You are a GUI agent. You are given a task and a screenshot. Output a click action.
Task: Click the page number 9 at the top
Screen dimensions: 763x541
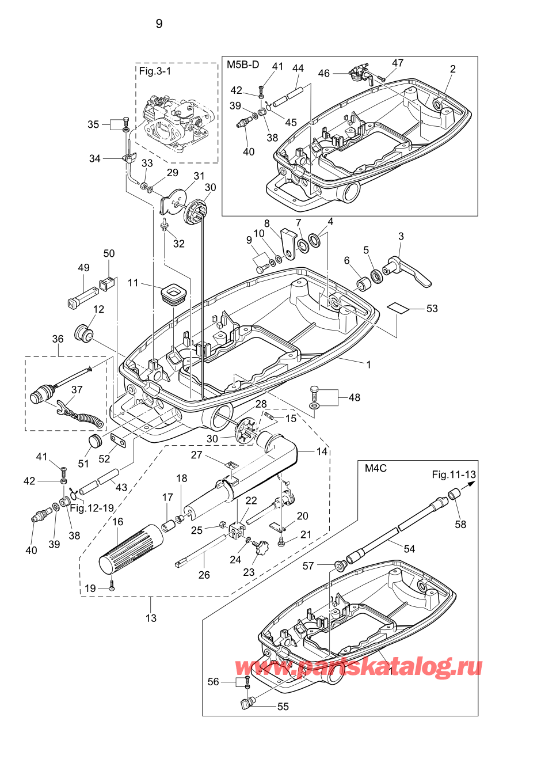[159, 24]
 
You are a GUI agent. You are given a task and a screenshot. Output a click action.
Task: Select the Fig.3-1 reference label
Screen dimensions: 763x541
[155, 71]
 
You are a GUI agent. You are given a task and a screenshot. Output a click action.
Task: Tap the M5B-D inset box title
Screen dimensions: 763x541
[242, 64]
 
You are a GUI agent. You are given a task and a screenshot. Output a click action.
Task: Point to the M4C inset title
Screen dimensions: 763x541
[375, 468]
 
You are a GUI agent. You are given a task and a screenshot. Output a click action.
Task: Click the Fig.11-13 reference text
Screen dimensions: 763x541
[454, 474]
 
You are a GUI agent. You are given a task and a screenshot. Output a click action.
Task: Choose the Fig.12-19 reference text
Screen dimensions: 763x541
[92, 508]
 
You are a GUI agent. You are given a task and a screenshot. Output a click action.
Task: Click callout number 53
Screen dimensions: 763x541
[432, 309]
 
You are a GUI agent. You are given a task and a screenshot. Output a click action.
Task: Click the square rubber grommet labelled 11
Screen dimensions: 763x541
[173, 293]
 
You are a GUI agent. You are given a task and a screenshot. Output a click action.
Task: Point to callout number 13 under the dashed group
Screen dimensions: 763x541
[151, 618]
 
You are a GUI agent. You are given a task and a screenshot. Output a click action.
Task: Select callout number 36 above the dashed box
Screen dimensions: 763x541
[58, 339]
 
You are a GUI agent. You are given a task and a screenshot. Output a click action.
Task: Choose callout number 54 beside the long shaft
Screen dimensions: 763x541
[409, 549]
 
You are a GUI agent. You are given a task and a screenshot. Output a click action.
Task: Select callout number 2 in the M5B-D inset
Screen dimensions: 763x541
[452, 69]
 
